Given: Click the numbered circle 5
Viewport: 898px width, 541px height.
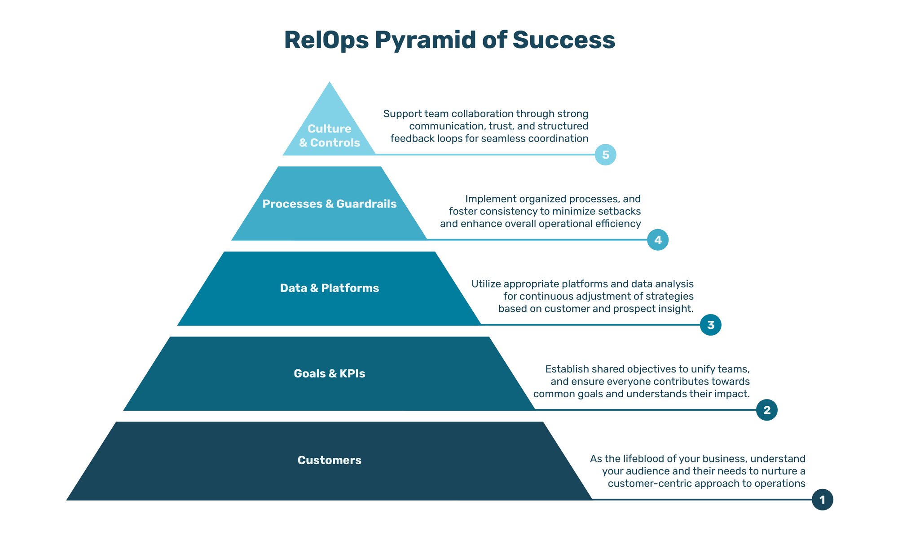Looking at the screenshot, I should pyautogui.click(x=605, y=155).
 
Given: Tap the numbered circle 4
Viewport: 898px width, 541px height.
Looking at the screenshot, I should pyautogui.click(x=658, y=240).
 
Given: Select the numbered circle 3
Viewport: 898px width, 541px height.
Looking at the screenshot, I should pyautogui.click(x=710, y=325).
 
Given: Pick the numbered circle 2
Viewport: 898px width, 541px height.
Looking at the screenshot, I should pyautogui.click(x=766, y=410).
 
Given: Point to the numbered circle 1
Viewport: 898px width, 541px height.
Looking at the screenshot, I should pyautogui.click(x=822, y=500).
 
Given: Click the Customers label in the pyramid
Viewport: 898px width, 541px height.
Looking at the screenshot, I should pyautogui.click(x=329, y=460).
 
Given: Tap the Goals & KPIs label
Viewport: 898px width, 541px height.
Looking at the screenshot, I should pyautogui.click(x=329, y=373).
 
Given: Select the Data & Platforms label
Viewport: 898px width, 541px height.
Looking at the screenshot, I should pyautogui.click(x=329, y=288).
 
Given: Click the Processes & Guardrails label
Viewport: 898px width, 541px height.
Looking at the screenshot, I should pyautogui.click(x=329, y=204).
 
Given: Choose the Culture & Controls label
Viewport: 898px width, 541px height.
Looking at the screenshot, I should pyautogui.click(x=329, y=136).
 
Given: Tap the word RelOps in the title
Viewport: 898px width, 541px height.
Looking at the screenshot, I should pyautogui.click(x=326, y=40).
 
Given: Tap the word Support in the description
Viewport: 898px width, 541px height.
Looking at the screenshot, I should pyautogui.click(x=402, y=114).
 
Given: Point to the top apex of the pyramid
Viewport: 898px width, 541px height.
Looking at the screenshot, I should pyautogui.click(x=330, y=83).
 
